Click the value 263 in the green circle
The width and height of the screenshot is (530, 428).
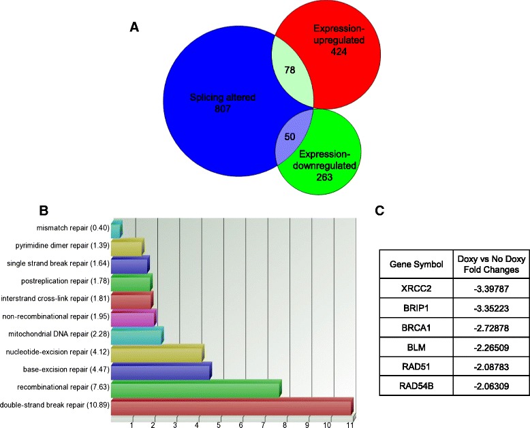click(x=329, y=178)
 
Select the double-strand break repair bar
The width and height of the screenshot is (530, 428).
click(x=232, y=407)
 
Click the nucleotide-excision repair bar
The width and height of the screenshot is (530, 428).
click(x=157, y=354)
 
